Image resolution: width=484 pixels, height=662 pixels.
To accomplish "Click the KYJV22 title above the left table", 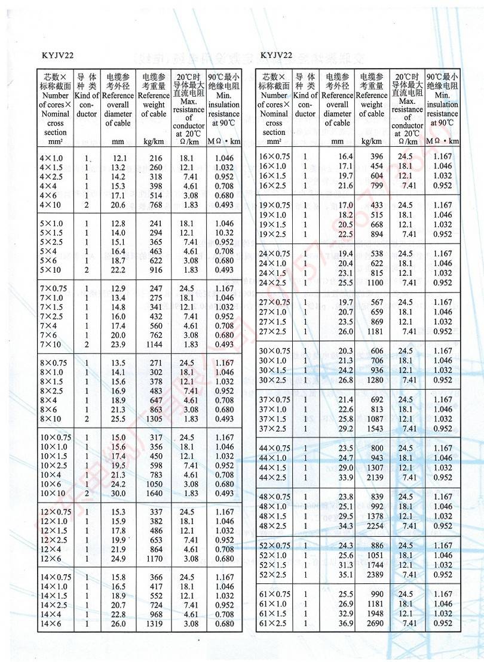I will (58, 56).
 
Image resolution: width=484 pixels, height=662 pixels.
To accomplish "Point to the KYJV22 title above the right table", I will (276, 56).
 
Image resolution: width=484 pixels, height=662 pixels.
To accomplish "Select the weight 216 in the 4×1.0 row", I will (155, 158).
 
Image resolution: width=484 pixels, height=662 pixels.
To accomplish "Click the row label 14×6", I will (51, 624).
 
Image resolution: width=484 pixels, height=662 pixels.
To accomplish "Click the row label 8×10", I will (51, 419).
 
